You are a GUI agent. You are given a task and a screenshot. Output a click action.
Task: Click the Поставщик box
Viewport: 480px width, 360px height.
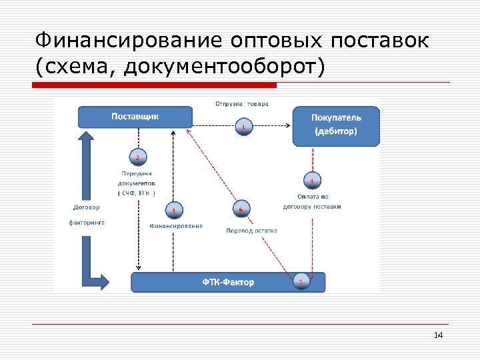135,117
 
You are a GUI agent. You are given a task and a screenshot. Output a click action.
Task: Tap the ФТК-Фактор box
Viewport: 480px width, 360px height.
228,282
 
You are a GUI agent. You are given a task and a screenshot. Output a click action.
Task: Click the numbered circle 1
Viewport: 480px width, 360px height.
244,127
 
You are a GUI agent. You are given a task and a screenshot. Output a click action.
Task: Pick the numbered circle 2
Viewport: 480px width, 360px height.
137,157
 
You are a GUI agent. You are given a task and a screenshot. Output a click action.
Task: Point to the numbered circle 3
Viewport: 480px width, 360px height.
174,211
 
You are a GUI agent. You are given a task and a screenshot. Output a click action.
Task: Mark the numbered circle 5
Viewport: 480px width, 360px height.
301,281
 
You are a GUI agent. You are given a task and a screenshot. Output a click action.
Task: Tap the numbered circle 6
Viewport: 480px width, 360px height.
241,209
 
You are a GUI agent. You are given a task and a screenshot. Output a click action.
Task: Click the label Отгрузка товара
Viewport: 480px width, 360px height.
241,104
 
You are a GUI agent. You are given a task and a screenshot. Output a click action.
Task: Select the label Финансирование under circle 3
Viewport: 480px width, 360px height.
176,226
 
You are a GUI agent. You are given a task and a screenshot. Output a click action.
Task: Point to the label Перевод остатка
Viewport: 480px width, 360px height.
251,230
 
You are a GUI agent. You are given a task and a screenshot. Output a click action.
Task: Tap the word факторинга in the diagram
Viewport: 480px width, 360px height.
87,222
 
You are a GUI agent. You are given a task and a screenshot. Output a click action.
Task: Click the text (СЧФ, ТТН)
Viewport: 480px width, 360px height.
137,193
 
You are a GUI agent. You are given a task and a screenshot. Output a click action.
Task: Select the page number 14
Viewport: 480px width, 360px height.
438,335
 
